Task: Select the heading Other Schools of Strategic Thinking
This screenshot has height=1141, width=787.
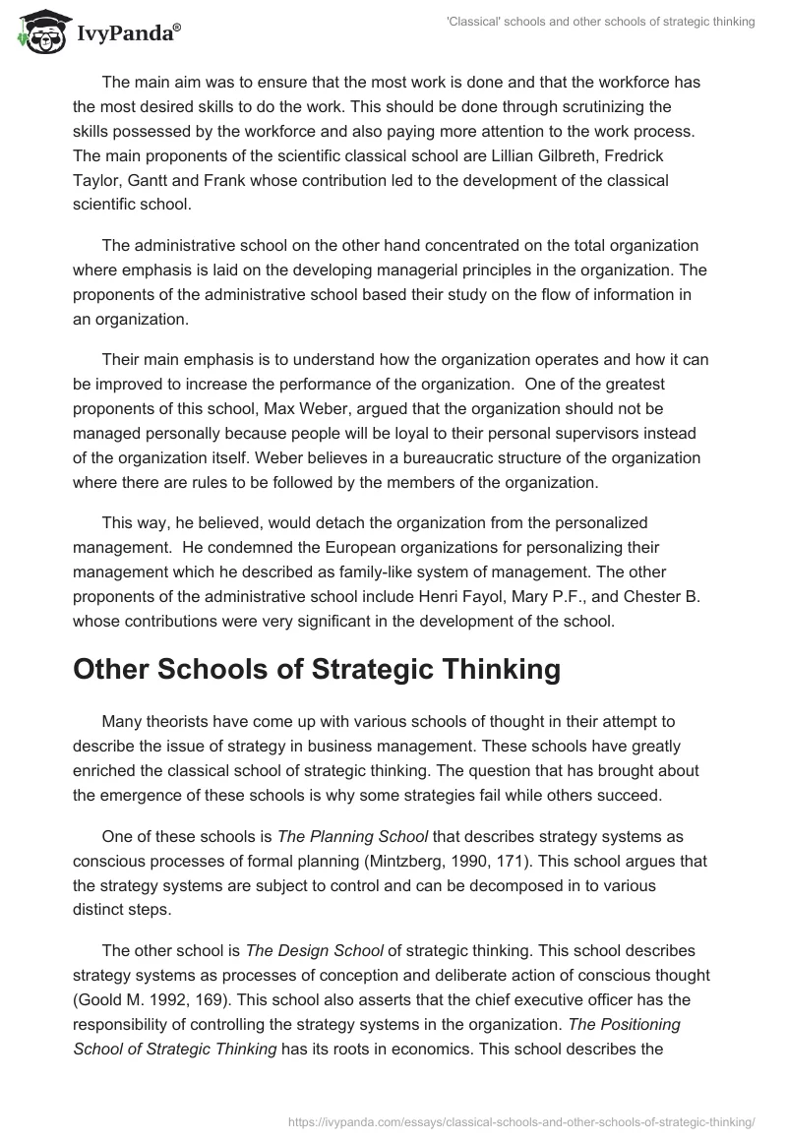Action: (x=317, y=669)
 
